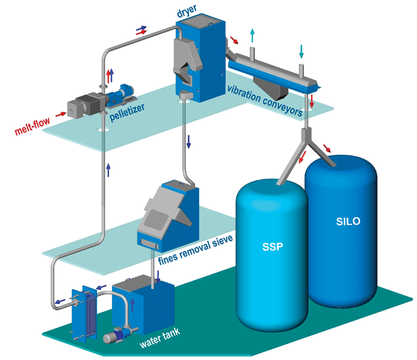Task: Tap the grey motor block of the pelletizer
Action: tap(80, 105)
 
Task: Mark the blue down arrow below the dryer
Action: tap(189, 142)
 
